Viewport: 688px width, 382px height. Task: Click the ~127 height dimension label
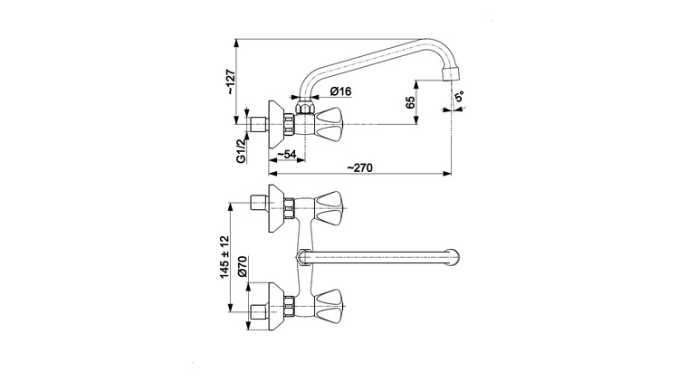(x=231, y=82)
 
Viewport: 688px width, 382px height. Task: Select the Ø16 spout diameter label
(x=341, y=91)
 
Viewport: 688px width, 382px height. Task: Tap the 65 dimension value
(x=410, y=102)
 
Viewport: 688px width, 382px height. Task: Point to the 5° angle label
(x=459, y=97)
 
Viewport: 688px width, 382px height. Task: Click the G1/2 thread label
(x=242, y=151)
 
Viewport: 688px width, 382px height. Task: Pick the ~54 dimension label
(x=286, y=154)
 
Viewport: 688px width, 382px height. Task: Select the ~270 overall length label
(x=359, y=167)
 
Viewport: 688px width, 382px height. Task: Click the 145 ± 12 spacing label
(x=225, y=257)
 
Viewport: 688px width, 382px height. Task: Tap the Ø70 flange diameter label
(x=243, y=267)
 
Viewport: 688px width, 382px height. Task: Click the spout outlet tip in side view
(x=453, y=72)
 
